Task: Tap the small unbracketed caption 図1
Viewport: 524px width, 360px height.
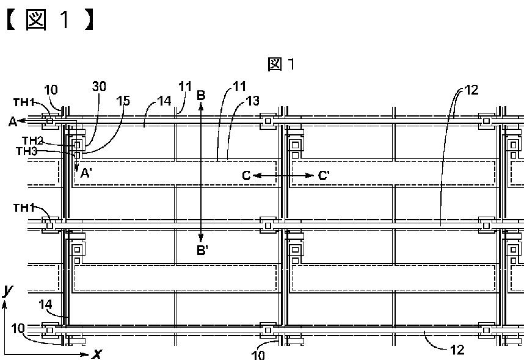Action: click(x=282, y=63)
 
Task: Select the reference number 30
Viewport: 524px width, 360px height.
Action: click(x=100, y=87)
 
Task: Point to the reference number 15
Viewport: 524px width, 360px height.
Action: click(x=124, y=100)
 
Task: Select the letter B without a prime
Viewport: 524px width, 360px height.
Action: click(x=200, y=95)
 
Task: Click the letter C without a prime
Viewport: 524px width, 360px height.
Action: click(x=246, y=176)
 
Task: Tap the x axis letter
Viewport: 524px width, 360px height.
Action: click(x=96, y=353)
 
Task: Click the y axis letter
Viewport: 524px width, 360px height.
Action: click(x=7, y=292)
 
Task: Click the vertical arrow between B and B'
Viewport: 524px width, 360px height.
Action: click(x=201, y=171)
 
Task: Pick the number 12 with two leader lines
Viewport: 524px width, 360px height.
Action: click(x=471, y=90)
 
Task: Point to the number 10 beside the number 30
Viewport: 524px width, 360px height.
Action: click(x=51, y=90)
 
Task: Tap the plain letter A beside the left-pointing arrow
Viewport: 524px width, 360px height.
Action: click(x=12, y=121)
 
